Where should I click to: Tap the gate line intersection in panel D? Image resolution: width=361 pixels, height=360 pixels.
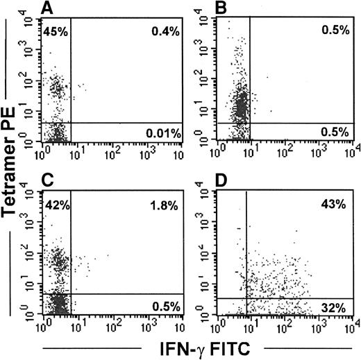[246, 298]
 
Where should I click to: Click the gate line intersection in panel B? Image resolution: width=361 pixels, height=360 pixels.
[249, 123]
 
